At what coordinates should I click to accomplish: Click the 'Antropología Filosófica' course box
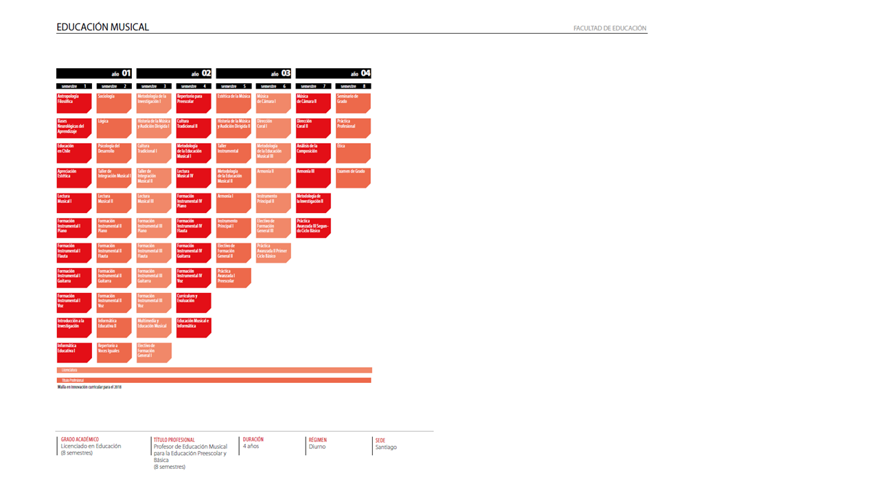(x=74, y=103)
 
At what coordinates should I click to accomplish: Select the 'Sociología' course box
(x=114, y=103)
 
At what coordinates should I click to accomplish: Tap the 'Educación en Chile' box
(x=74, y=153)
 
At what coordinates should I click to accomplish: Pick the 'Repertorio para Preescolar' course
(x=194, y=103)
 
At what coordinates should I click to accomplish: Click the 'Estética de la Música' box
(x=233, y=103)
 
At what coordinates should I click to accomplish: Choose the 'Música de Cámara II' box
(x=313, y=103)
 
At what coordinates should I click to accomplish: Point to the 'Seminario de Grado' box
(x=353, y=103)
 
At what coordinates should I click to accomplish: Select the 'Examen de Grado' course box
(x=353, y=177)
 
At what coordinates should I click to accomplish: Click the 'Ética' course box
(x=353, y=153)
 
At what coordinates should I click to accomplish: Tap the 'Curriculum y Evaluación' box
(x=194, y=302)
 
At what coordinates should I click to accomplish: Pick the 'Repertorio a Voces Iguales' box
(x=114, y=352)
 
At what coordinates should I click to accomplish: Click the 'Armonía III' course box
(x=313, y=177)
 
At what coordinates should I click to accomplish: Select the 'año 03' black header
(x=254, y=74)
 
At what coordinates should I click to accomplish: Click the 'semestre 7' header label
(x=313, y=87)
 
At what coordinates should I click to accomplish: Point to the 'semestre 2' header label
(x=114, y=87)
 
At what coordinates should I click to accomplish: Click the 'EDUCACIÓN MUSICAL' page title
(x=102, y=27)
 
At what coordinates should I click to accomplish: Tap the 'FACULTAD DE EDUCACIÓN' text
(x=610, y=29)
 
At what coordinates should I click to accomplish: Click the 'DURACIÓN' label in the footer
(x=253, y=439)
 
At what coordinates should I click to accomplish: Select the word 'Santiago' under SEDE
(x=386, y=448)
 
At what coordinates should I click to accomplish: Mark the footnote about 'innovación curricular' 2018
(x=89, y=387)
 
